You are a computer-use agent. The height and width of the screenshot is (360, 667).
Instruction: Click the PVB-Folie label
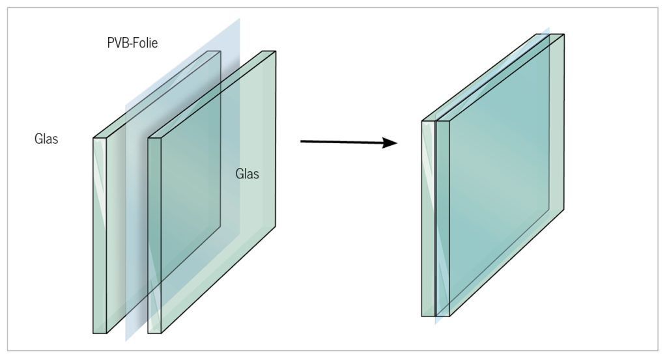point(132,43)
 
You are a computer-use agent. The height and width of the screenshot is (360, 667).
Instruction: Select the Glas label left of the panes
point(46,139)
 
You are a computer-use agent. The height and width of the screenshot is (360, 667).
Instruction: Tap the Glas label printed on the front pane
point(247,174)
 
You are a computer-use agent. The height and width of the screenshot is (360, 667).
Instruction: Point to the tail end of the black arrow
point(301,141)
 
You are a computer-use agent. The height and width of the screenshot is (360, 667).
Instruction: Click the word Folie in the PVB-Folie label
point(145,43)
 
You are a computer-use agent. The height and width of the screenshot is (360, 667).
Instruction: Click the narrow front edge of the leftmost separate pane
point(100,236)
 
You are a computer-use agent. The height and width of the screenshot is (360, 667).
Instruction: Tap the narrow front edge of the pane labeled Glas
point(155,236)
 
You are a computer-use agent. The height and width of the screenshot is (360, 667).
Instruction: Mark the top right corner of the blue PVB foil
point(240,18)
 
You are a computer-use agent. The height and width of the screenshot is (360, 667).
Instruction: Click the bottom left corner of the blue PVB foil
point(126,341)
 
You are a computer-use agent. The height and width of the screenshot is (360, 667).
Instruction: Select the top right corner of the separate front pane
point(276,51)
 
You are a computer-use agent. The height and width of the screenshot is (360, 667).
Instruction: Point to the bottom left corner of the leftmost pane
point(94,333)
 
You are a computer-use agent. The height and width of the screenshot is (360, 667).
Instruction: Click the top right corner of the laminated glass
point(564,35)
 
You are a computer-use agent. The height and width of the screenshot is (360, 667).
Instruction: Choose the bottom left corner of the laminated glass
point(422,316)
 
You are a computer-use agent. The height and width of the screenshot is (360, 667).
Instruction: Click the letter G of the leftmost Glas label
point(38,139)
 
